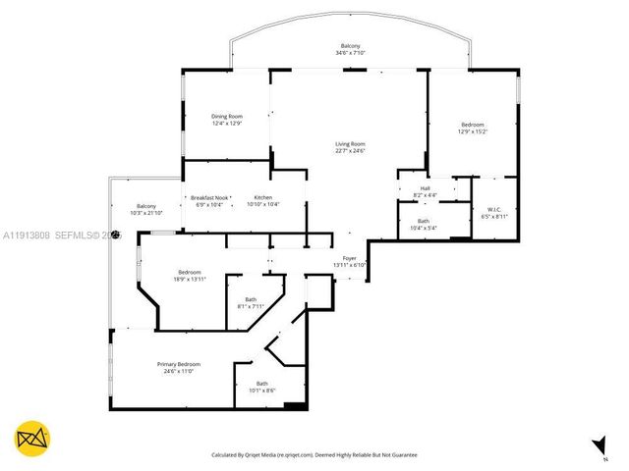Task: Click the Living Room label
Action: [350, 144]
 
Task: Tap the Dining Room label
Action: [226, 117]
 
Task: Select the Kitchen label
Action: [261, 196]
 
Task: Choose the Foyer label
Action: [350, 258]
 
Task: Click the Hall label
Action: [425, 188]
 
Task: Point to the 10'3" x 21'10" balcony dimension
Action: [145, 213]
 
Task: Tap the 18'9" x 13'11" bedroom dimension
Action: [190, 280]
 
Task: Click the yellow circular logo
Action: [32, 439]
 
